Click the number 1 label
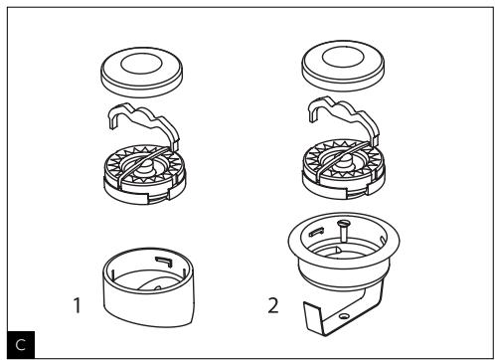[x=78, y=305]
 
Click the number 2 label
[x=273, y=305]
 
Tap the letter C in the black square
[x=21, y=345]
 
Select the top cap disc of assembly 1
[x=141, y=73]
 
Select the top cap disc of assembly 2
[x=343, y=66]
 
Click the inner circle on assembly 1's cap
[x=141, y=65]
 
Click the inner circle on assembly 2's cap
[x=343, y=58]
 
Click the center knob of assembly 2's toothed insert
[x=343, y=161]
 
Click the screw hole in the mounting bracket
[x=344, y=316]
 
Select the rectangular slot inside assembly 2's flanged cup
[x=316, y=233]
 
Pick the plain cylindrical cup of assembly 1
[x=148, y=287]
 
